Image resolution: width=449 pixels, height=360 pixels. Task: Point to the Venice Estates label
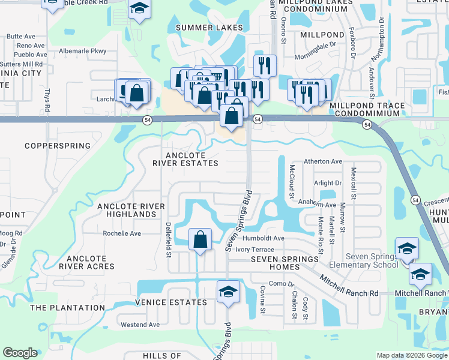(171, 302)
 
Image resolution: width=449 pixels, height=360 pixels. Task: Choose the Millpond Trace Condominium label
(367, 110)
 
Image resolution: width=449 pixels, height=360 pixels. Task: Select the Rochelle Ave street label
(122, 233)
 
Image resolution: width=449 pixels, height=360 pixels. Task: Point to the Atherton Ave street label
(322, 161)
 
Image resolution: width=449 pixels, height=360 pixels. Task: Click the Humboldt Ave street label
(264, 238)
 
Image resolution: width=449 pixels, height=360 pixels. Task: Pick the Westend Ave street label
(140, 325)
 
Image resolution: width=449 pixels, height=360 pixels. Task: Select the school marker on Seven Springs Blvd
(228, 292)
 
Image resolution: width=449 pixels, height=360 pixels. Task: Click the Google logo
(20, 353)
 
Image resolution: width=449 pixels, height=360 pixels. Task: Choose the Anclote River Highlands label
(131, 210)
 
